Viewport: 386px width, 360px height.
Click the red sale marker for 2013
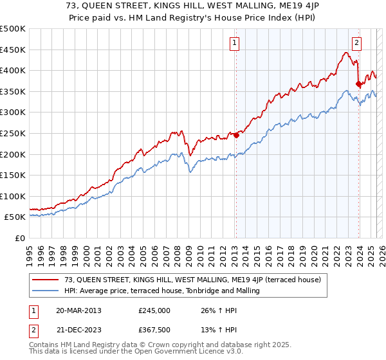point(236,135)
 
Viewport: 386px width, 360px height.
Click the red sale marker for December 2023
point(358,84)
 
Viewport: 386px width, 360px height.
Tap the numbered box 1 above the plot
point(235,44)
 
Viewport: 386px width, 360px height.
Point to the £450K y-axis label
point(14,50)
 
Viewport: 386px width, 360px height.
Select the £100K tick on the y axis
point(14,196)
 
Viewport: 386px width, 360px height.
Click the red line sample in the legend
point(46,280)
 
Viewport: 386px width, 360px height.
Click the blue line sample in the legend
point(46,291)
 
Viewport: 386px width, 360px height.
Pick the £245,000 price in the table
point(154,310)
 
